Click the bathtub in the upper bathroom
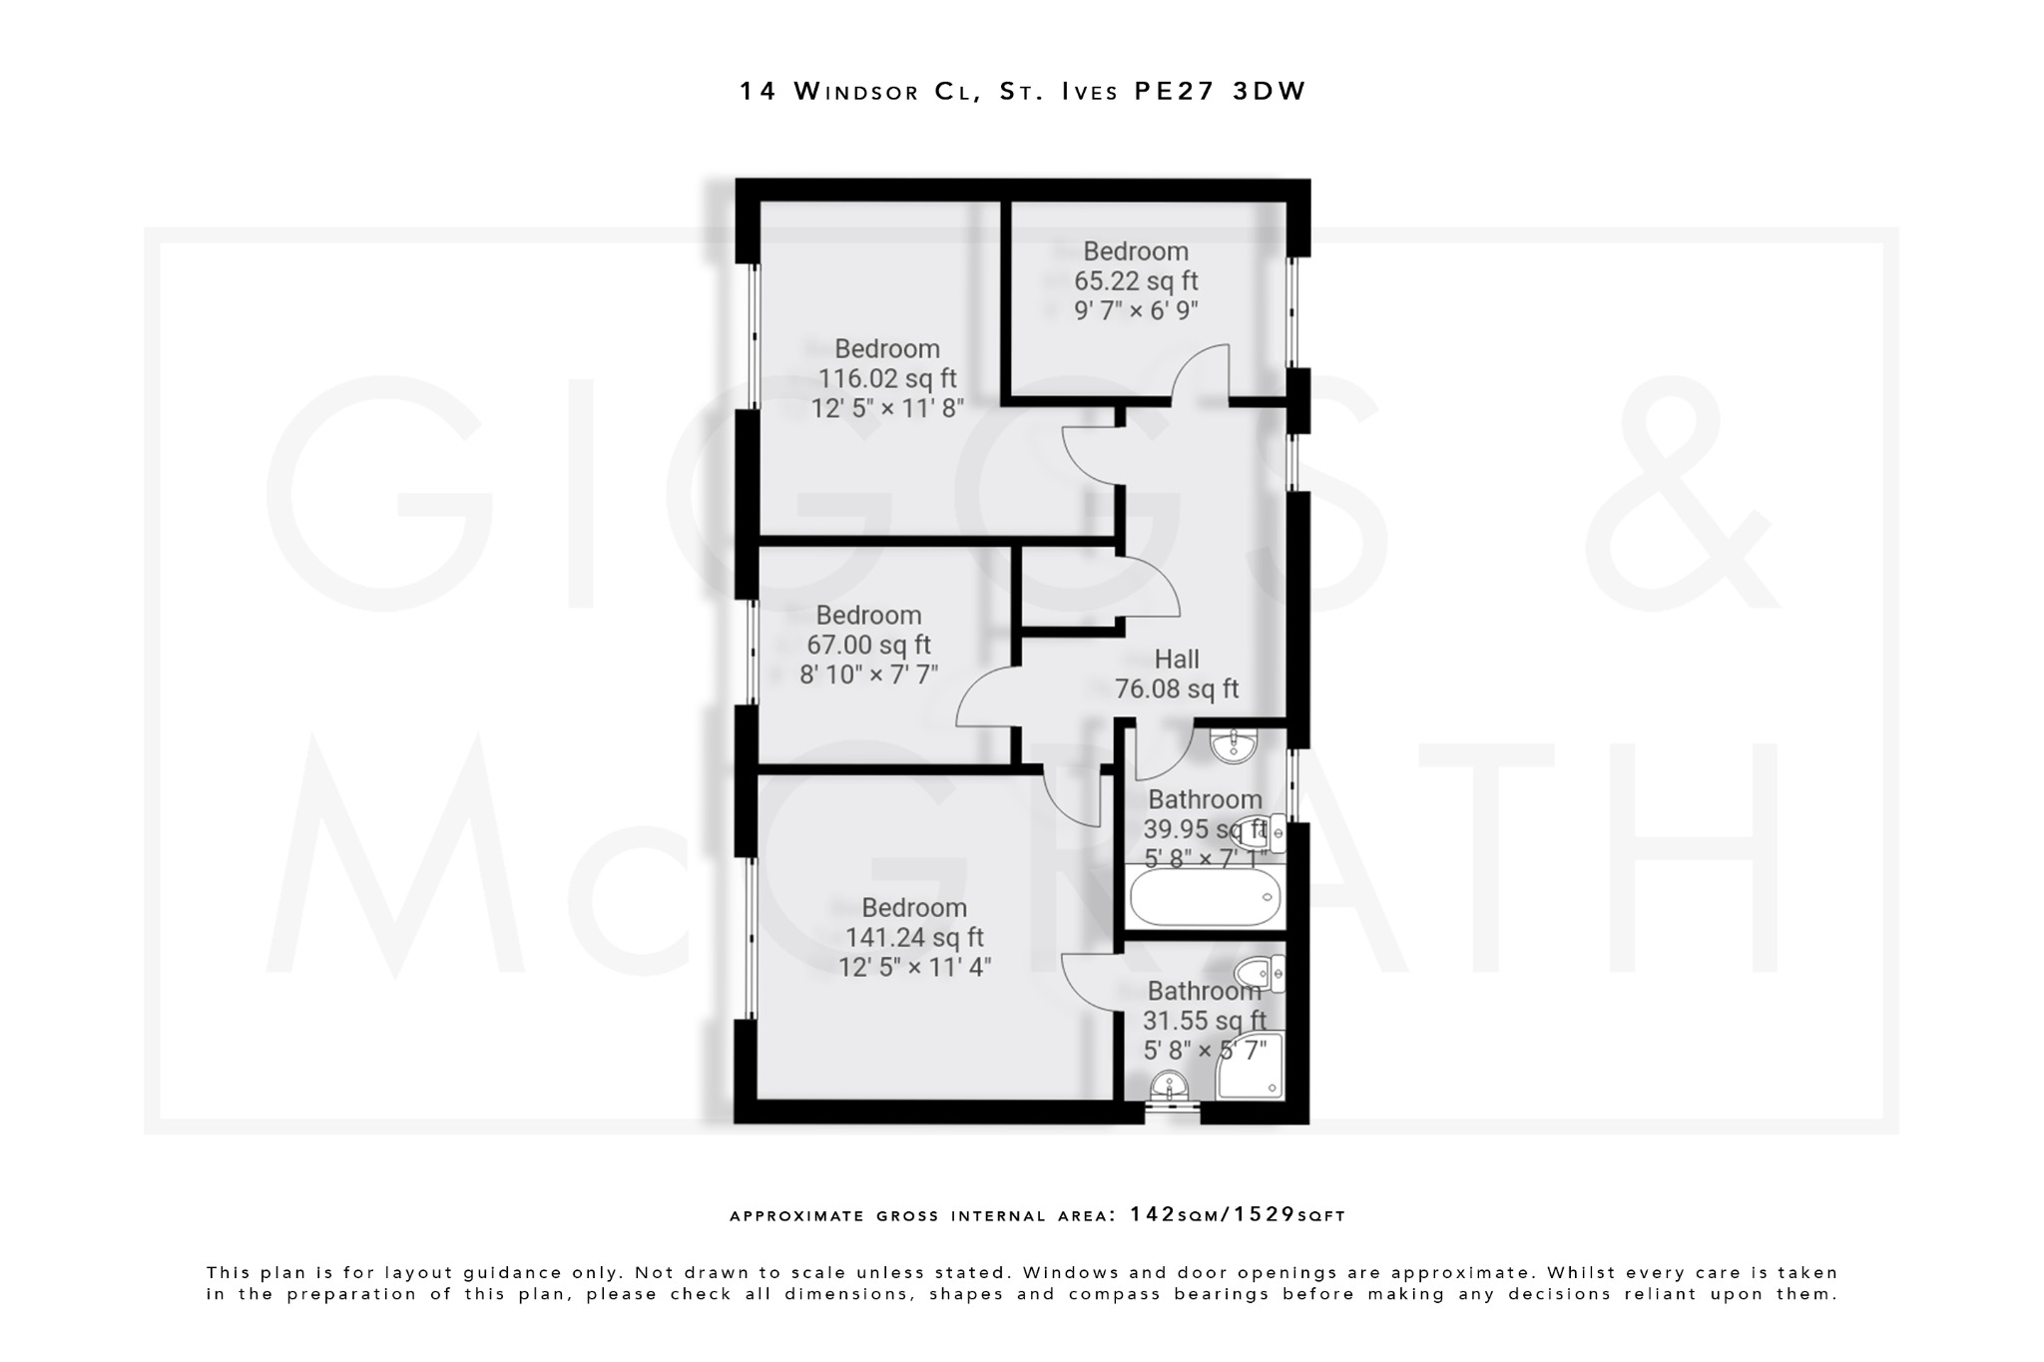1205,898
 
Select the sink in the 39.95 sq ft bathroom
1235,745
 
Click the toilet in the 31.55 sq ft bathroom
1260,972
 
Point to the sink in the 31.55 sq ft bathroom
1169,1087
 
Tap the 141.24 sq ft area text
914,938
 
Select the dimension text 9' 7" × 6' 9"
1136,310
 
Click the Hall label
1177,660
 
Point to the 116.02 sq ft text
887,379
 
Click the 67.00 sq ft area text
868,646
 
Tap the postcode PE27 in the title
1174,91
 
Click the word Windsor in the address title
856,92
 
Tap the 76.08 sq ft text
1177,689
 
